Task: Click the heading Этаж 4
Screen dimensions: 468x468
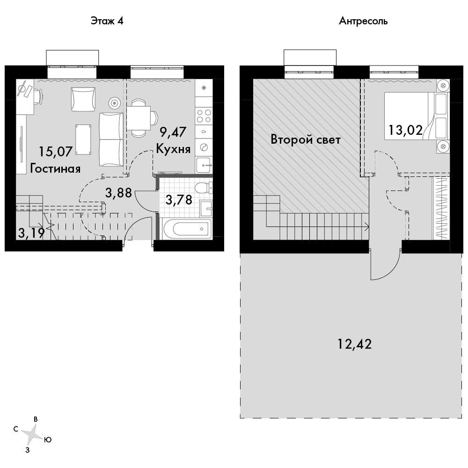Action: pos(107,21)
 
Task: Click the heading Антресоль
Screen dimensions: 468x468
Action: pos(363,21)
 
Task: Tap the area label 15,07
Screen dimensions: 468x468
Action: pos(56,152)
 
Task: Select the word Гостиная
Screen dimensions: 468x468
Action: pos(56,168)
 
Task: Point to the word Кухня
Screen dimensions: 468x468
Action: pos(174,149)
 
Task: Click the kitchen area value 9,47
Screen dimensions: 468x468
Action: pos(173,132)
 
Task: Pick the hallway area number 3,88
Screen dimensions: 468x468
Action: pos(118,193)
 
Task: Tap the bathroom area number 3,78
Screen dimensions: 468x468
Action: pos(179,200)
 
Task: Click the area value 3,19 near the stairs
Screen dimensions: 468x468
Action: pos(31,233)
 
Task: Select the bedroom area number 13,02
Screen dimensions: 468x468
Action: pos(406,130)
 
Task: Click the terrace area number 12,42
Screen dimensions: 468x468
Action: pos(355,344)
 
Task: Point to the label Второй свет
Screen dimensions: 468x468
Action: pos(306,139)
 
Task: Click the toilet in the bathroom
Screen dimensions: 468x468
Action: pos(203,188)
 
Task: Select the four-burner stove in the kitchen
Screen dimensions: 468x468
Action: pos(204,116)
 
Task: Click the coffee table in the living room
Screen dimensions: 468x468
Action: pos(83,139)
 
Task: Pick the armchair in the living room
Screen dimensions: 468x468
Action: pos(83,99)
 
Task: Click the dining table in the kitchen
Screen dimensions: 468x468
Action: pos(139,118)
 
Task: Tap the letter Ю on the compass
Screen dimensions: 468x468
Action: pos(48,439)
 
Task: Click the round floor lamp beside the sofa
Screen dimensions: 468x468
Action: pos(115,103)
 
